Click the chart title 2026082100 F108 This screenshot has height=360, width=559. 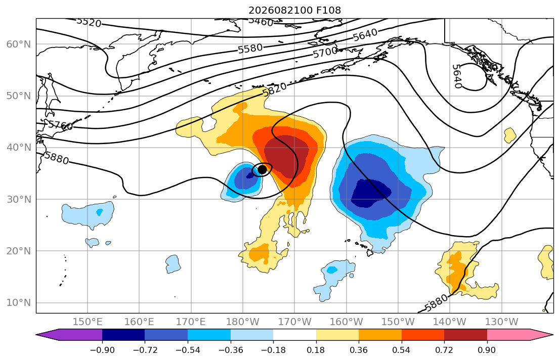294,10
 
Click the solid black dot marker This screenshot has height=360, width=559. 262,169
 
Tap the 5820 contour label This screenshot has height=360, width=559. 275,89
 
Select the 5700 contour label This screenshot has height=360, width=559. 325,53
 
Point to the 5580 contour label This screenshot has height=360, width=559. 250,49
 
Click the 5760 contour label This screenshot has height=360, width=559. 60,125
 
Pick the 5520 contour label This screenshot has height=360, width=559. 89,22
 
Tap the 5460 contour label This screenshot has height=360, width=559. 261,21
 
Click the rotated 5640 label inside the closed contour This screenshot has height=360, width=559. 457,76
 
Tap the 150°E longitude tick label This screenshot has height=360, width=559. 88,322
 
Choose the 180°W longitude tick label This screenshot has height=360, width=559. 243,322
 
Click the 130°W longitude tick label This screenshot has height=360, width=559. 502,322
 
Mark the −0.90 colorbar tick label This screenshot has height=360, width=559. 102,350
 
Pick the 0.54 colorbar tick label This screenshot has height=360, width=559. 402,350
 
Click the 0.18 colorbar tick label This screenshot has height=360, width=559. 316,350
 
